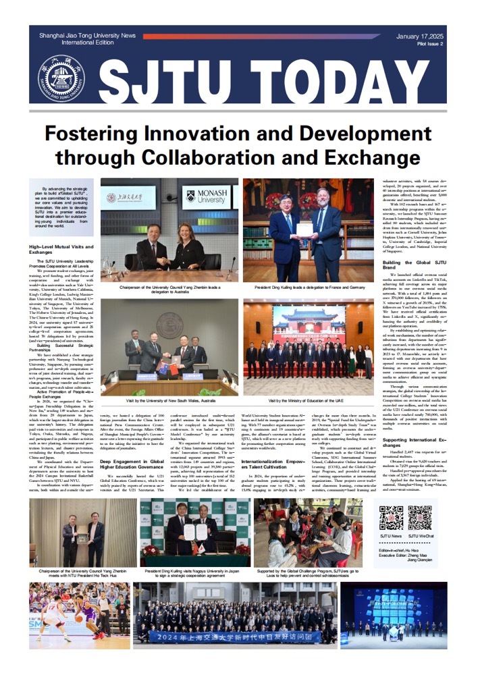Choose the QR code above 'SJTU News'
(x=391, y=517)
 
